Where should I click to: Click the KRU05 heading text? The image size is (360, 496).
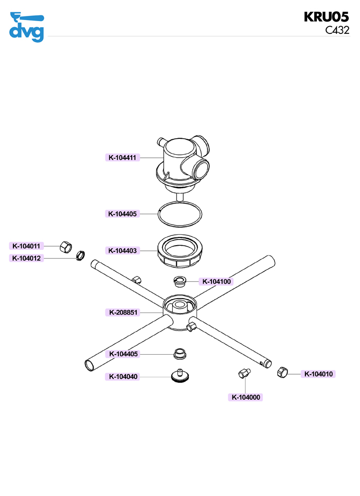(327, 16)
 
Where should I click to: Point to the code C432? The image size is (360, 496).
(337, 30)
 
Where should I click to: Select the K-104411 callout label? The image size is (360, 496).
(122, 158)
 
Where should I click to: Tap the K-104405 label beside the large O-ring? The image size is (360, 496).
(122, 213)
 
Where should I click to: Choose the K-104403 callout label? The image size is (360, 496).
(122, 250)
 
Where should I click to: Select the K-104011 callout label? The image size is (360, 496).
(26, 246)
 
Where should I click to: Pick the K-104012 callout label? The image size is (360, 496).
(26, 258)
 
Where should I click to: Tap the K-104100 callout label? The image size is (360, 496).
(217, 281)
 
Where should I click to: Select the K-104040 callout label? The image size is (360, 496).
(123, 377)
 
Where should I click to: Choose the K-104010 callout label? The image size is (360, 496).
(319, 374)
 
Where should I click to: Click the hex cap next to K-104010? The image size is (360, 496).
(282, 373)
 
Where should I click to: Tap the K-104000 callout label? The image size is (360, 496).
(246, 397)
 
